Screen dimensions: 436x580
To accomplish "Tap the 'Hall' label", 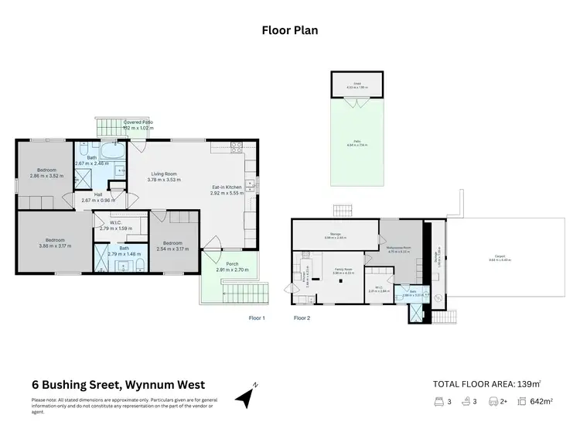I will point(98,194).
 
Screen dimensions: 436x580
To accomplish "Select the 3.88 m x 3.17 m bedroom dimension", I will point(54,245).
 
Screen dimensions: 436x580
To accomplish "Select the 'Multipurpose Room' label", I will point(402,249).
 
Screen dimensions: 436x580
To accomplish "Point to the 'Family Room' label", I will point(343,269).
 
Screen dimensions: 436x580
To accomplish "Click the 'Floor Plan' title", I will point(290,31).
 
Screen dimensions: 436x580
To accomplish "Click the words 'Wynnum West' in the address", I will point(166,384).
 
